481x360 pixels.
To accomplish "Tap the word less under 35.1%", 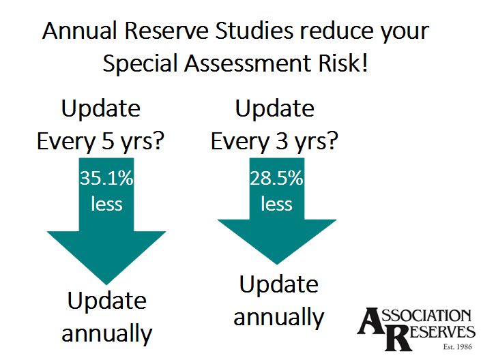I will [x=106, y=204].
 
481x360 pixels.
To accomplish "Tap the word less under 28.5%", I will [x=276, y=204].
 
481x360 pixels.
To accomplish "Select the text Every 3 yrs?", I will [x=275, y=141].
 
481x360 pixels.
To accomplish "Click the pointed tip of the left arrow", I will [x=106, y=284].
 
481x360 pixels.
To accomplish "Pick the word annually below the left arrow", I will [x=107, y=333].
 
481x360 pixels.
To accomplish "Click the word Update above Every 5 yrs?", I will [x=101, y=109].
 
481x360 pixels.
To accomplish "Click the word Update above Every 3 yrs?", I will [x=274, y=109].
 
